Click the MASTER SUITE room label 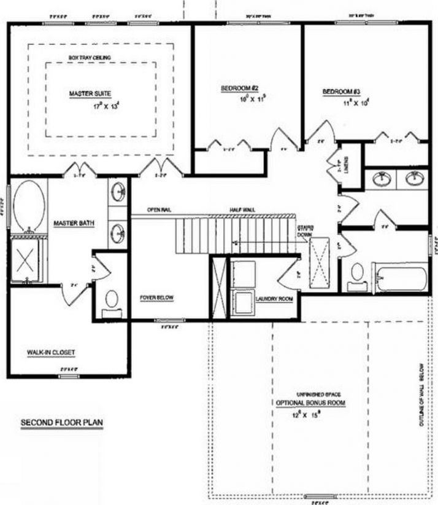(x=89, y=93)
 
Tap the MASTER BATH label (x=74, y=223)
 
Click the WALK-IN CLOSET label (x=50, y=352)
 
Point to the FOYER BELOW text (x=157, y=298)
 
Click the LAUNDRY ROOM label (x=274, y=299)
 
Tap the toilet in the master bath (x=112, y=299)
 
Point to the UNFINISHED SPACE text (x=319, y=394)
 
